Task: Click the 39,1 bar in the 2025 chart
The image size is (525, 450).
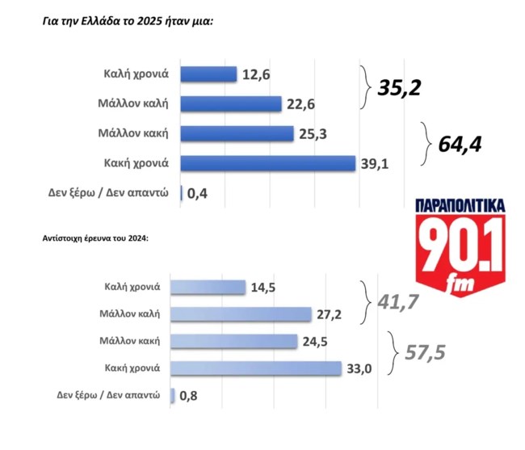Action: [267, 163]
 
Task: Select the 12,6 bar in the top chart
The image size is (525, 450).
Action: [208, 74]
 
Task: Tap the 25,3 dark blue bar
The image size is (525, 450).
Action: [237, 133]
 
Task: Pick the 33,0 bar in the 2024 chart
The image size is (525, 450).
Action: [258, 368]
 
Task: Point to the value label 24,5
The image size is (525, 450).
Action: [316, 342]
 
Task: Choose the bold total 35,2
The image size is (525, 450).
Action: [400, 87]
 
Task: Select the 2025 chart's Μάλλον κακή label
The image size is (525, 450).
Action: [132, 133]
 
